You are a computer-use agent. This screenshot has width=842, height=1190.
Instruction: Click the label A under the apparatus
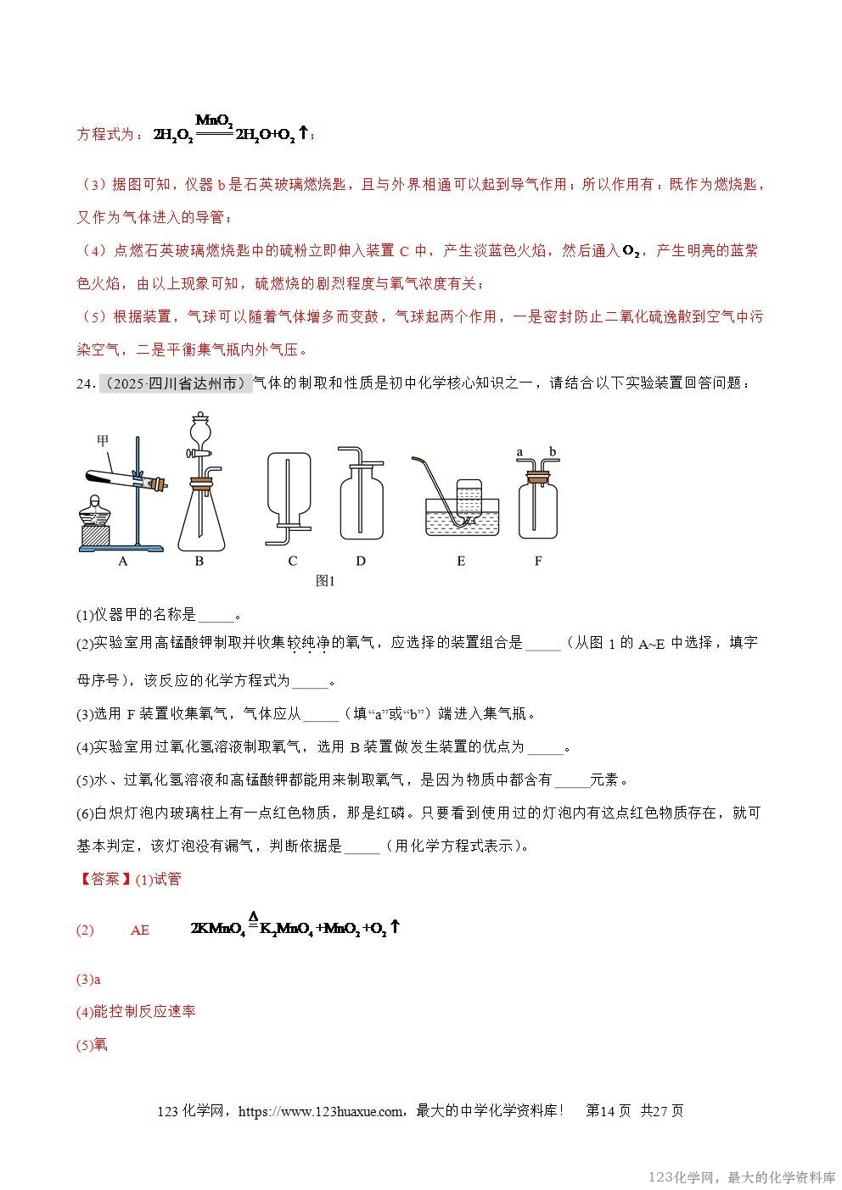click(x=123, y=561)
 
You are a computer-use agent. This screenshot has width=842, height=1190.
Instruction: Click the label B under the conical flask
click(x=199, y=561)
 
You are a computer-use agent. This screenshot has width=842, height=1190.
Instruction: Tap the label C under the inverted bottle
click(x=293, y=561)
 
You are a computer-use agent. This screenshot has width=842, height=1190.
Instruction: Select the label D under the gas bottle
click(x=361, y=561)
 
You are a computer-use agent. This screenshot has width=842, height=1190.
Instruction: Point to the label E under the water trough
click(x=461, y=561)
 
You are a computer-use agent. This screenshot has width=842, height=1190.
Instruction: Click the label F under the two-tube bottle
click(x=538, y=561)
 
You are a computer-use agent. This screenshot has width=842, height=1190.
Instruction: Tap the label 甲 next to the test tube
click(x=103, y=440)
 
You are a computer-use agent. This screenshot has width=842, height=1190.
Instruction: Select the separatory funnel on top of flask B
click(x=200, y=433)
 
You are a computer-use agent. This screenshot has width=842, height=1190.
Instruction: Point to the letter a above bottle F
click(x=519, y=452)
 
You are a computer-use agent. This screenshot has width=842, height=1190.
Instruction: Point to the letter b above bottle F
click(x=553, y=452)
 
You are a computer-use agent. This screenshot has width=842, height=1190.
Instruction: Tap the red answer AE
click(x=139, y=930)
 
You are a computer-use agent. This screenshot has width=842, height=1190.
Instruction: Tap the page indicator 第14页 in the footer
click(x=609, y=1111)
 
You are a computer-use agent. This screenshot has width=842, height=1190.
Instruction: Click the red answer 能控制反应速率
click(x=144, y=1012)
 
